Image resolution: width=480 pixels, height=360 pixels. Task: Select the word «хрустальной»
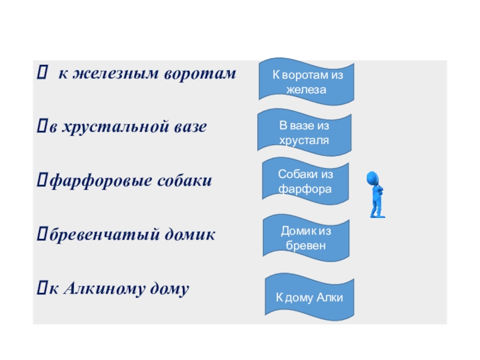118,127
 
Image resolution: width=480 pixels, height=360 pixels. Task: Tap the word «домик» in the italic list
190,235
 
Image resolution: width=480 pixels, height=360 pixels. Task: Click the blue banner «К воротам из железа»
306,82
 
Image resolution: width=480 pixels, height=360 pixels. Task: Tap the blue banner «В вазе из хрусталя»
304,133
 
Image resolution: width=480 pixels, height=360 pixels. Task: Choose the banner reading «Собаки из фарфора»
305,181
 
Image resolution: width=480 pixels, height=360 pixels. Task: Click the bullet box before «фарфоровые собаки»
42,180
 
